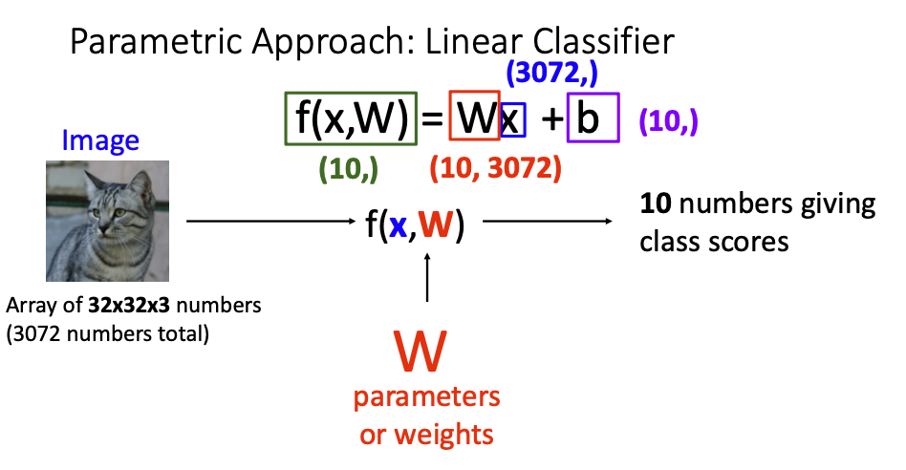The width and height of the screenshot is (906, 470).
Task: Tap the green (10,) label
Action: pyautogui.click(x=349, y=168)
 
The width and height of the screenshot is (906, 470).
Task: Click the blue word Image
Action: pyautogui.click(x=100, y=141)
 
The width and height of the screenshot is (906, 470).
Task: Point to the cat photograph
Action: pyautogui.click(x=108, y=221)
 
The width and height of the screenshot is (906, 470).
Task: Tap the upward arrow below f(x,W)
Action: pyautogui.click(x=427, y=277)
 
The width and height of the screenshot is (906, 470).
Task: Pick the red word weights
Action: pyautogui.click(x=453, y=435)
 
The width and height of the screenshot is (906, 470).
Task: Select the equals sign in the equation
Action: pyautogui.click(x=433, y=119)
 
